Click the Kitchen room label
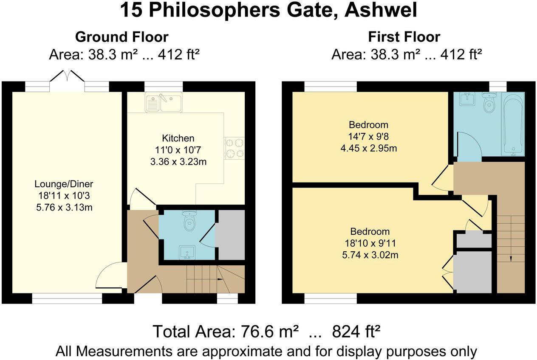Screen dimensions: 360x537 tap(178, 138)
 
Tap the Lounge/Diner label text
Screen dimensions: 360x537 tap(64, 184)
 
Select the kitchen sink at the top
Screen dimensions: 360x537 tap(163, 102)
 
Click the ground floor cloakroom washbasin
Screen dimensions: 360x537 tap(187, 253)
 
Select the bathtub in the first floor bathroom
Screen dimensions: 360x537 tap(513, 124)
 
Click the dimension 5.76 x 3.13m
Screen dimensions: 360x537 tap(64, 208)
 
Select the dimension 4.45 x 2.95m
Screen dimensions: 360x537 tap(368, 149)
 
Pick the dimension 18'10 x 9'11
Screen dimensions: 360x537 tap(370, 243)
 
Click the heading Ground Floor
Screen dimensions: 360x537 tap(122, 37)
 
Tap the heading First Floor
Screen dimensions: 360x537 tap(404, 37)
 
